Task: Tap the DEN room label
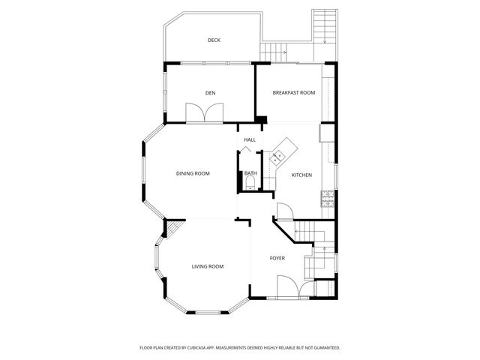[211, 93]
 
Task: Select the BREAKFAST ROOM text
[293, 92]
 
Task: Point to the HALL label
[250, 139]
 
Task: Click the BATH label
[250, 173]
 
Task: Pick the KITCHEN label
[301, 175]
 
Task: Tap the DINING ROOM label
[193, 173]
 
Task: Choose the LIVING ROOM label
[208, 266]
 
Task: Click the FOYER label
[277, 258]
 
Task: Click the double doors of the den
[204, 112]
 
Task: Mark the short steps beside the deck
[274, 51]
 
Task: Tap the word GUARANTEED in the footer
[323, 348]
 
